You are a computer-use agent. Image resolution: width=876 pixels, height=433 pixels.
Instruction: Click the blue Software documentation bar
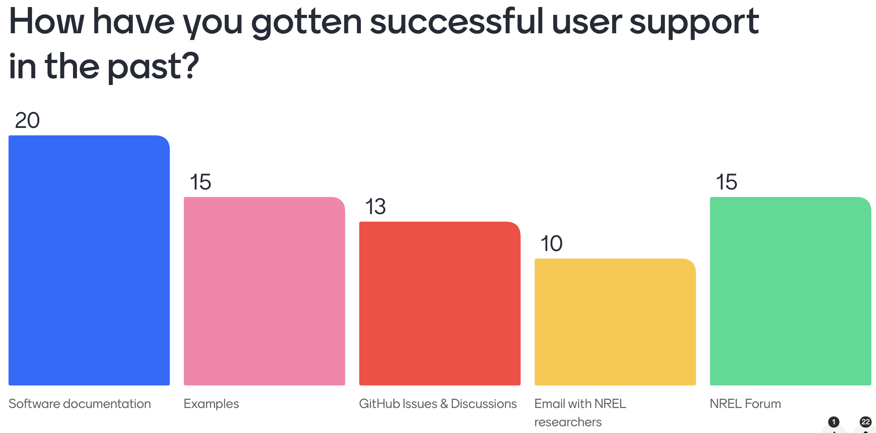click(89, 260)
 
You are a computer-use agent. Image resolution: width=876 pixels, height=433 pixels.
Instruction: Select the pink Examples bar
click(264, 291)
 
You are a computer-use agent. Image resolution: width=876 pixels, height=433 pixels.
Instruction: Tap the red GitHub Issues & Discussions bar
click(440, 303)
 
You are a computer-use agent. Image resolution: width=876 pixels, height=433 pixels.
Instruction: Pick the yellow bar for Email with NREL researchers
click(615, 322)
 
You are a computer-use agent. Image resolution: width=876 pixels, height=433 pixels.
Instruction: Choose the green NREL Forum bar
click(790, 291)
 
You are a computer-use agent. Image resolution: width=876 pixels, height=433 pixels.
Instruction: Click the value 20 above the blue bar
click(27, 121)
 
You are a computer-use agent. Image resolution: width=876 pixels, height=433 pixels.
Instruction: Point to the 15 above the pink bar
click(200, 182)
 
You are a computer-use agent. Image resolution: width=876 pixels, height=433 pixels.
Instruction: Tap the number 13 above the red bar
click(376, 207)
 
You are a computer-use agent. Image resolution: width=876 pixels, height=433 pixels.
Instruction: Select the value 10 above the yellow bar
click(551, 244)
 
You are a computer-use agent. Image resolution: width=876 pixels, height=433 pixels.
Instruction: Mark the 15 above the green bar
click(726, 182)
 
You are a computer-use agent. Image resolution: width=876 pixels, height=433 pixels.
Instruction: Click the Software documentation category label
click(80, 404)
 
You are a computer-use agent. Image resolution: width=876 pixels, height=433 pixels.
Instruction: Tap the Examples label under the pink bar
click(211, 404)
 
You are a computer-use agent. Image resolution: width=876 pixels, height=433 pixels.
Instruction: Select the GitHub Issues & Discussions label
click(438, 404)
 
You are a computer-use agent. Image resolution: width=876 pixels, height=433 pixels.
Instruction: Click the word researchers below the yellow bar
click(568, 422)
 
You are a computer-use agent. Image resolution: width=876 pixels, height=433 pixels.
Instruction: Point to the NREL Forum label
click(745, 404)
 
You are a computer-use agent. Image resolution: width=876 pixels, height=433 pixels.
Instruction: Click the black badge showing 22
click(865, 422)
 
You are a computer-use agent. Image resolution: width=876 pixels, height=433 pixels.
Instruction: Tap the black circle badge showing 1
click(833, 422)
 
